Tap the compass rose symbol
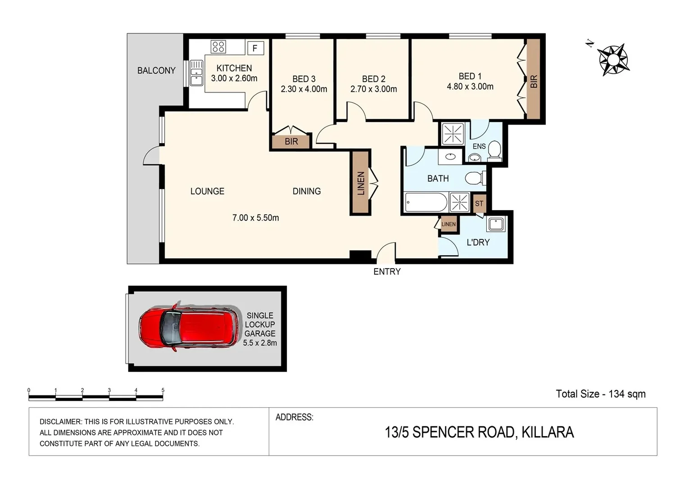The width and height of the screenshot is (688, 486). pos(613,59)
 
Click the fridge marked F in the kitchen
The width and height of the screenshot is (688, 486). pos(255,48)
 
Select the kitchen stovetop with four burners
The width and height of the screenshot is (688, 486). pos(218,46)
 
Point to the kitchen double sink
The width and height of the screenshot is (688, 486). pos(196,73)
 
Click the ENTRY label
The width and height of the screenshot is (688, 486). pos(387,271)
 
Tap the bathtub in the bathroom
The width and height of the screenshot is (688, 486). pos(425,202)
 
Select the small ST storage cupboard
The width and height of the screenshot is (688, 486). pos(479,203)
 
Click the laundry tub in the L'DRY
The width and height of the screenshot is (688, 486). pos(496,224)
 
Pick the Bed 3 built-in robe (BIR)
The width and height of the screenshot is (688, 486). pos(291,141)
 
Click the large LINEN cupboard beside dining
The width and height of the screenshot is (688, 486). pos(361,183)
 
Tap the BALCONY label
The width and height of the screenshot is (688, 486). pos(156,71)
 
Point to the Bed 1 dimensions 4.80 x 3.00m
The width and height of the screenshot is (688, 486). pos(470,86)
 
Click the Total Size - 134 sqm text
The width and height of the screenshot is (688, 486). pos(600,394)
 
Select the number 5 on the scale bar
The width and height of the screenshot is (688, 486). pos(163,390)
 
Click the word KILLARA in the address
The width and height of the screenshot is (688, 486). pos(548,432)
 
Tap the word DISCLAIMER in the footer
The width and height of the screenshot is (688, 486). pos(60,422)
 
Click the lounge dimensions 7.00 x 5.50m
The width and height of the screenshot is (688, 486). pos(255,218)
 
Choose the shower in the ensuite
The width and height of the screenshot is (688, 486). pos(453,134)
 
